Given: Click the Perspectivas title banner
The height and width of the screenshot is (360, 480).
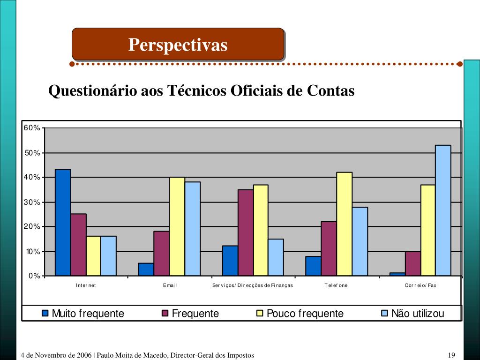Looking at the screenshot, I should tap(178, 45).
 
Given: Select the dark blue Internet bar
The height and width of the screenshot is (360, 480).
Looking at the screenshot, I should tap(63, 222).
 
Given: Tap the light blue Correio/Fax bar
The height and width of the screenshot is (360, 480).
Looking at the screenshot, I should tap(443, 210).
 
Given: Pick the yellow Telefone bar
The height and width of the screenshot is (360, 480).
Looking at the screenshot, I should tap(344, 224).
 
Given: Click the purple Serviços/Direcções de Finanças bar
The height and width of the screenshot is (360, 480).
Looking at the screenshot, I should tap(246, 232).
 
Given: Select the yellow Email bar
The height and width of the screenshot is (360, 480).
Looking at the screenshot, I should tap(177, 226).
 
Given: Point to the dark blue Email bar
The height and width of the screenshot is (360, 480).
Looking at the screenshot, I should tap(146, 270).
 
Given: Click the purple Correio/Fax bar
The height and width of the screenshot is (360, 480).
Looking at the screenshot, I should tap(412, 264).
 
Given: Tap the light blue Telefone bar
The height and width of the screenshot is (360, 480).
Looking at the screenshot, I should tap(360, 241).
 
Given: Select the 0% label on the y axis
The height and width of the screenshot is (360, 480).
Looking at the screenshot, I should tap(34, 276).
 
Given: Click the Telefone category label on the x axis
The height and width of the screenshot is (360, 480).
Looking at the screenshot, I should tap(336, 285).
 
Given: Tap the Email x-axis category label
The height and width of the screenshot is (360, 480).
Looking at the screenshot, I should tap(170, 285).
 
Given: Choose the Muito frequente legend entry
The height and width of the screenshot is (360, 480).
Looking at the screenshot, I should tap(83, 314).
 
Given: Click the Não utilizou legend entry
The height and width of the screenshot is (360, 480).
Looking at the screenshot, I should tap(412, 314).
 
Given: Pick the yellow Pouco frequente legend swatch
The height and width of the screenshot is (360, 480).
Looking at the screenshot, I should tap(260, 313).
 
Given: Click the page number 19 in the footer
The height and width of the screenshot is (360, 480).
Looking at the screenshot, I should tap(452, 355).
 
